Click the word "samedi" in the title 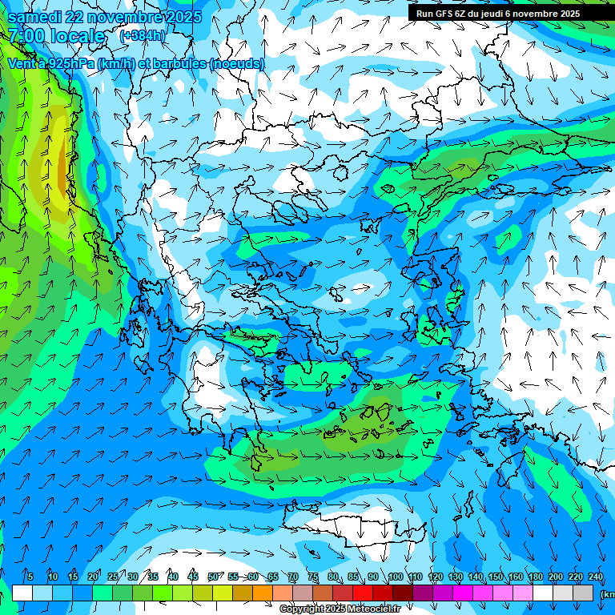pyautogui.click(x=33, y=17)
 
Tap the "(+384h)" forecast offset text pyautogui.click(x=143, y=35)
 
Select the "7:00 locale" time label pyautogui.click(x=56, y=35)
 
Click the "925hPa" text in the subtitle pyautogui.click(x=70, y=63)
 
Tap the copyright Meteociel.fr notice pyautogui.click(x=340, y=609)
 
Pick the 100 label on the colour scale pyautogui.click(x=395, y=577)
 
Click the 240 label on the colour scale pyautogui.click(x=595, y=577)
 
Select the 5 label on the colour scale pyautogui.click(x=30, y=577)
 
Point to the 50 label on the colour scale pyautogui.click(x=213, y=577)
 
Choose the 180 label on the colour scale pyautogui.click(x=535, y=577)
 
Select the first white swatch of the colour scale pyautogui.click(x=22, y=593)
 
